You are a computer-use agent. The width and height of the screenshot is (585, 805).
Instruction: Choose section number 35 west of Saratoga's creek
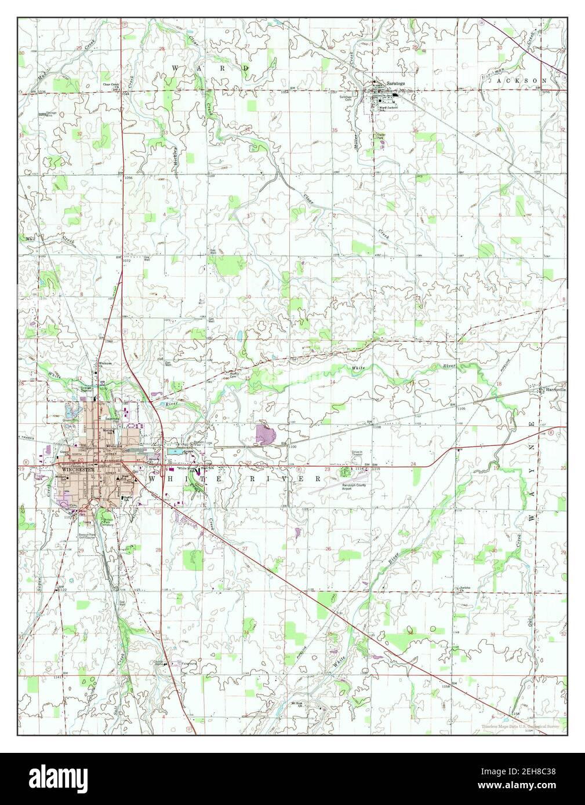click(335, 130)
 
